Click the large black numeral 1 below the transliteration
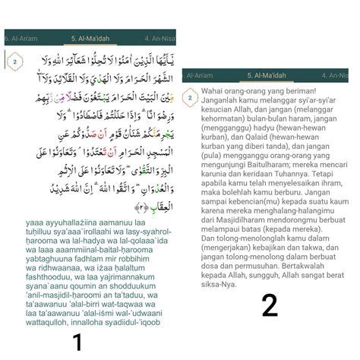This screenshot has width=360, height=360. (77, 342)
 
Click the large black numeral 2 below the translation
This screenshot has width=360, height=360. (269, 305)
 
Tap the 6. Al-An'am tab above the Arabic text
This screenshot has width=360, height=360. (21, 36)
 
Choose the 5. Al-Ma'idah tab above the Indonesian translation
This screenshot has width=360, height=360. (270, 76)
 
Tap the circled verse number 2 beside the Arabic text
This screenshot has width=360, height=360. (15, 62)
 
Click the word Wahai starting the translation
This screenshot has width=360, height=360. (212, 90)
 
